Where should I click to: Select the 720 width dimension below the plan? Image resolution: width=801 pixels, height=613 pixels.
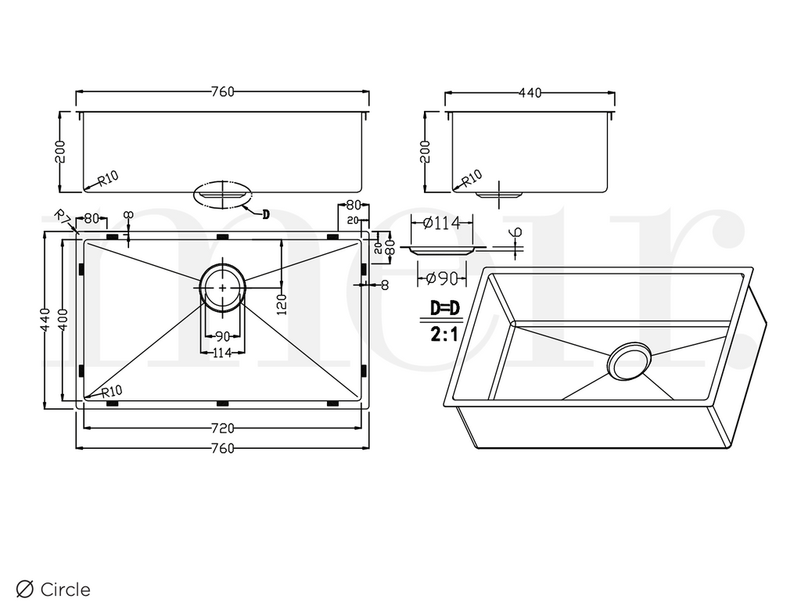tap(222, 428)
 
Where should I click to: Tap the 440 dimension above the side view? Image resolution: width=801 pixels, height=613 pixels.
tap(530, 93)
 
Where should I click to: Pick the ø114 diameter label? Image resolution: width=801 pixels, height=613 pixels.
tap(440, 223)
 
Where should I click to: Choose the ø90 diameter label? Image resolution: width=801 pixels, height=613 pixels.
tap(440, 277)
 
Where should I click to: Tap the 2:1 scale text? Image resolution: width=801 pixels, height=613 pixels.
tap(445, 335)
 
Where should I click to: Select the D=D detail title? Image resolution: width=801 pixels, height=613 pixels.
tap(445, 308)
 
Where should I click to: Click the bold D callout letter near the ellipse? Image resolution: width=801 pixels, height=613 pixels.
tap(265, 214)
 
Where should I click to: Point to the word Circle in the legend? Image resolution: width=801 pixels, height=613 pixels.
tap(65, 590)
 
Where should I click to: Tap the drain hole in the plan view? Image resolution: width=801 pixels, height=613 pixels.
tap(223, 288)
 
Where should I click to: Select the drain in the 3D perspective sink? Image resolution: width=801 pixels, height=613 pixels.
tap(630, 360)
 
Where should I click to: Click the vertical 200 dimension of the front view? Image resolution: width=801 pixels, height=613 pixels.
tap(59, 151)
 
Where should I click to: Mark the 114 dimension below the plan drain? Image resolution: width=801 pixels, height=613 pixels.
tap(222, 353)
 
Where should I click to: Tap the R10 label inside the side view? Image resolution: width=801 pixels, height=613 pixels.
tap(472, 178)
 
